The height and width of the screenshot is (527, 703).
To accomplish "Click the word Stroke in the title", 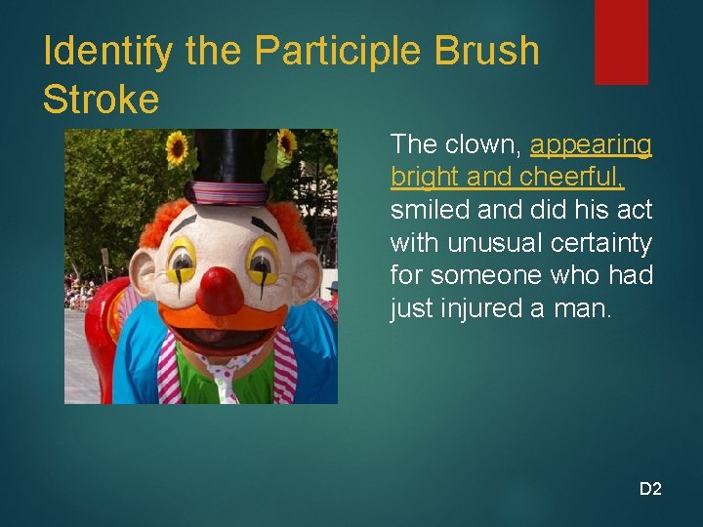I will pyautogui.click(x=101, y=99).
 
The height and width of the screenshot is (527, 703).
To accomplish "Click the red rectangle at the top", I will pyautogui.click(x=621, y=41).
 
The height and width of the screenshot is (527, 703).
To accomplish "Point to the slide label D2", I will pyautogui.click(x=650, y=489).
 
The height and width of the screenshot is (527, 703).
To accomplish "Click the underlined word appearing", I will pyautogui.click(x=591, y=145).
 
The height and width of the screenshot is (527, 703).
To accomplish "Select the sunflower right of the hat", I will pyautogui.click(x=286, y=144).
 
